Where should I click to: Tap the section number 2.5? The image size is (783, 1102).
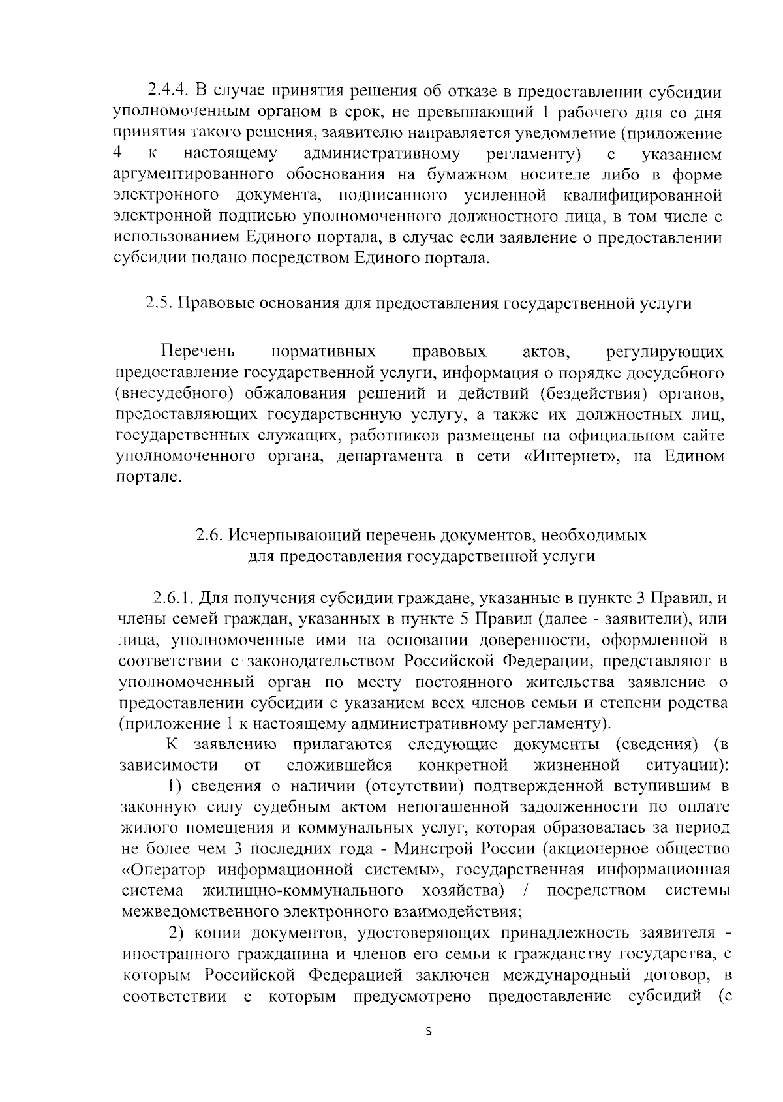point(159,303)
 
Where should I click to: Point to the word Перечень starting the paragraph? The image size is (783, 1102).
point(198,352)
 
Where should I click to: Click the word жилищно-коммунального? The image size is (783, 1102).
point(302,891)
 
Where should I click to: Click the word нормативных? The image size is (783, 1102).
point(324,352)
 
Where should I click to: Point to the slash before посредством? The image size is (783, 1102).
point(525,891)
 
